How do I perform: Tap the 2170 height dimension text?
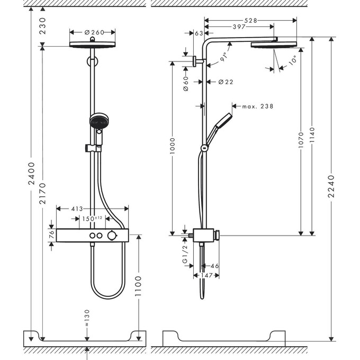[43, 195]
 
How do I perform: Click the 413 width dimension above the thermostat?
[77, 209]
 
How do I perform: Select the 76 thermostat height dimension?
[51, 235]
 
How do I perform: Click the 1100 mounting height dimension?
[139, 285]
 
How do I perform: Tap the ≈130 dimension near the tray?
[87, 317]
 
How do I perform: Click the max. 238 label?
[258, 106]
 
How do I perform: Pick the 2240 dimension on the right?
[331, 186]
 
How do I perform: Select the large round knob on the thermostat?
[111, 236]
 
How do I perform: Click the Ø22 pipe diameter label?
[226, 82]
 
